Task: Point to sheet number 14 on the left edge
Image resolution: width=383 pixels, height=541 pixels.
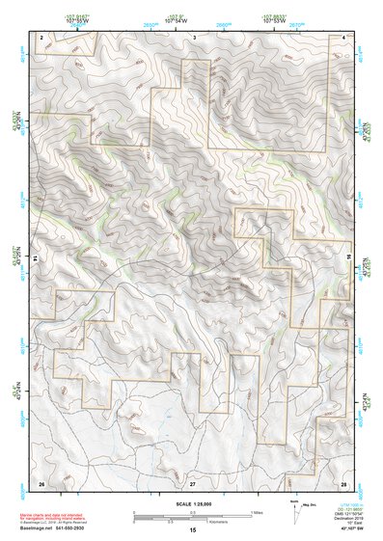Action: (x=36, y=259)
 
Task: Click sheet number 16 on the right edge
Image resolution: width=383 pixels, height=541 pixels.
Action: (x=350, y=259)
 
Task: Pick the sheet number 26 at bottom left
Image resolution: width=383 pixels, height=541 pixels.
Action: (x=41, y=482)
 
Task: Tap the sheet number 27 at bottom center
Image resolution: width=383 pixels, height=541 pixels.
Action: (x=193, y=482)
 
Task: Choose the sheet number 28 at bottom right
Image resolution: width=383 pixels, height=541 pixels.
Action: (x=343, y=482)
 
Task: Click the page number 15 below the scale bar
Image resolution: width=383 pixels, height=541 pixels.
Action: (x=193, y=530)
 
